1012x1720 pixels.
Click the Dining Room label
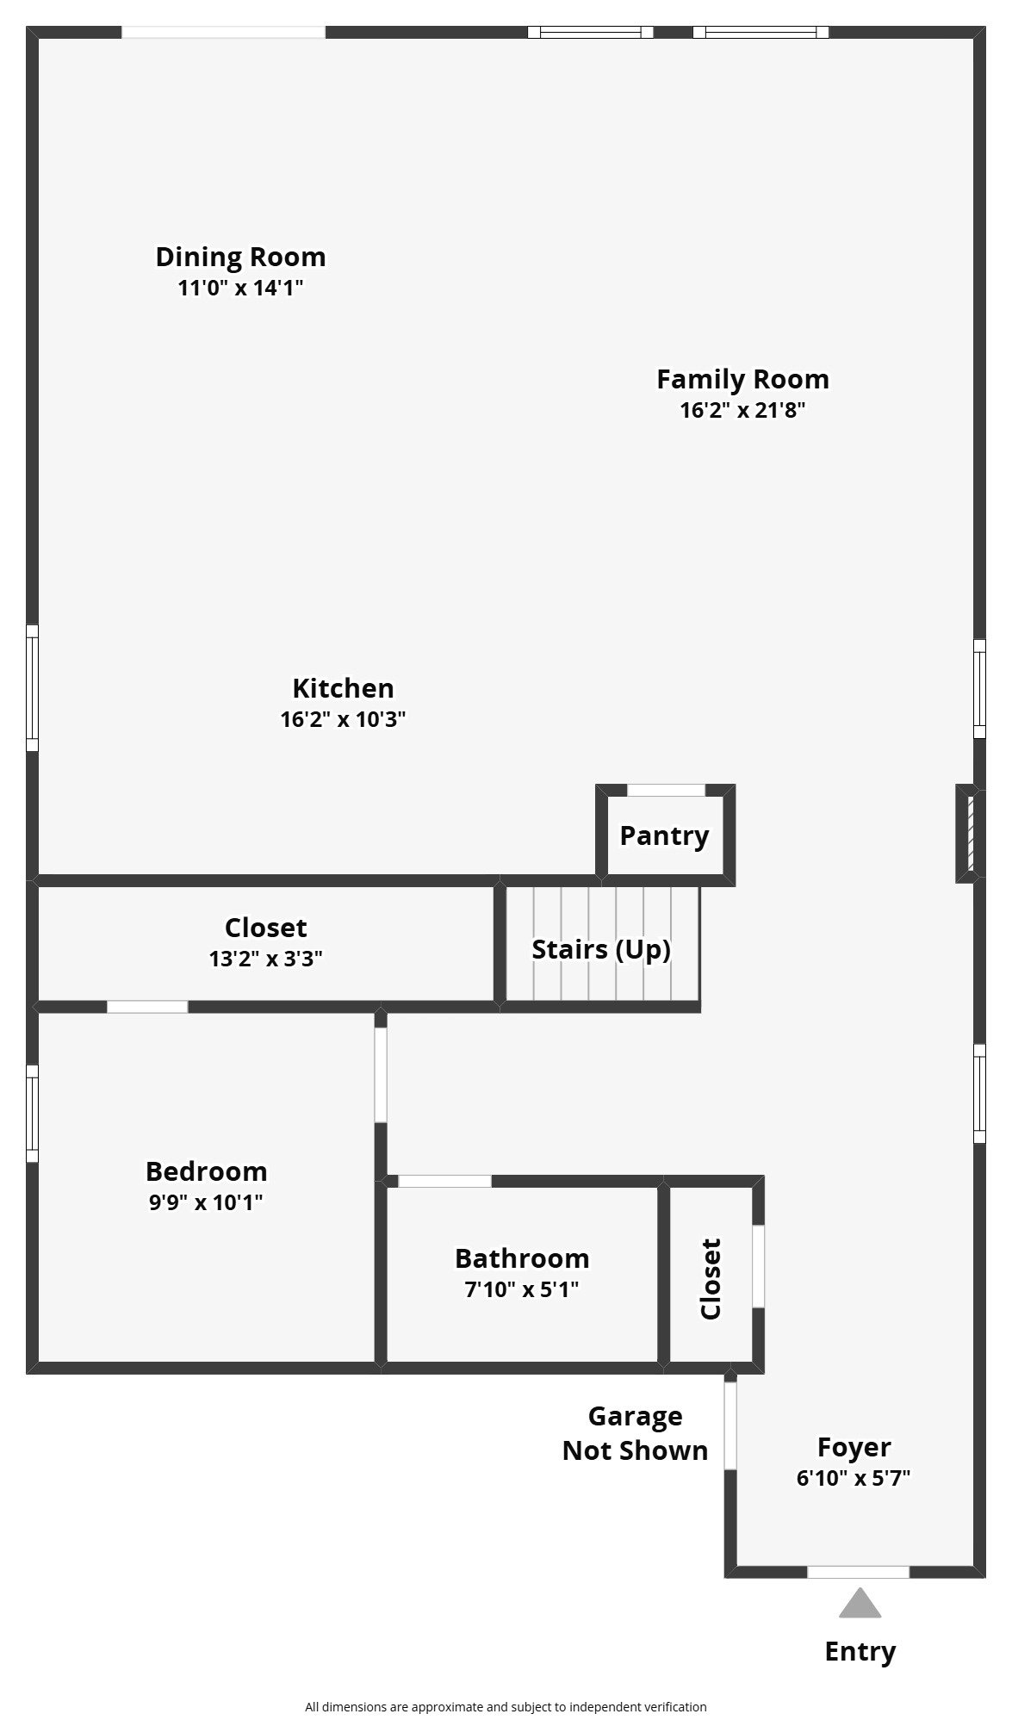240,257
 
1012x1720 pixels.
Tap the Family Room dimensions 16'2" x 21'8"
742,410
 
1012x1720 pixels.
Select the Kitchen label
343,688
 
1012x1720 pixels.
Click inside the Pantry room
664,835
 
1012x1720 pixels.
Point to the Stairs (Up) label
601,949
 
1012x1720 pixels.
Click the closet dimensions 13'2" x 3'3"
266,959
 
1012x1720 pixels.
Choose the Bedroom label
206,1171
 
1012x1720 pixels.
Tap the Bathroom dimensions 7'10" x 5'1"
522,1289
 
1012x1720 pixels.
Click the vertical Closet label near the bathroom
711,1279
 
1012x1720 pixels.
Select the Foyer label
854,1447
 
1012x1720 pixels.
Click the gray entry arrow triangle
860,1604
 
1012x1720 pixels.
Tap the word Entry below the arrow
860,1651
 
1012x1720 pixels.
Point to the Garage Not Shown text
635,1433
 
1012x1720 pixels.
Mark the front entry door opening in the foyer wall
858,1572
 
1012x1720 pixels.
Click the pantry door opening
666,790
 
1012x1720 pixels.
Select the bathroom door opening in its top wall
444,1181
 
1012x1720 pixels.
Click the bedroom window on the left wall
32,1114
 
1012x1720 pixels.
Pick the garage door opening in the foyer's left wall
730,1425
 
